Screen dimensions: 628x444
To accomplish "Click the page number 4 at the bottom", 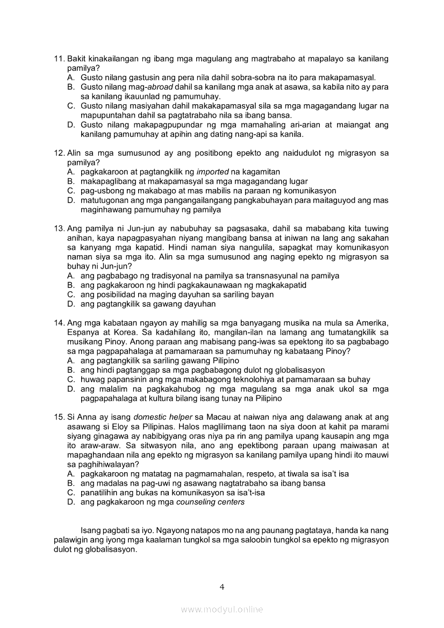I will tap(221, 587).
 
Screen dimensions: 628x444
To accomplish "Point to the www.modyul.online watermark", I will tap(221, 609).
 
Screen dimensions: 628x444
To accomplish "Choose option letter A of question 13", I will tap(70, 276).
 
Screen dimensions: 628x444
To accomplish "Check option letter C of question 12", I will tap(70, 191).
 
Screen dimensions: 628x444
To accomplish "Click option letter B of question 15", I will tap(70, 483).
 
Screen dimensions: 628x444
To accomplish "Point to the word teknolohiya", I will tap(237, 380).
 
